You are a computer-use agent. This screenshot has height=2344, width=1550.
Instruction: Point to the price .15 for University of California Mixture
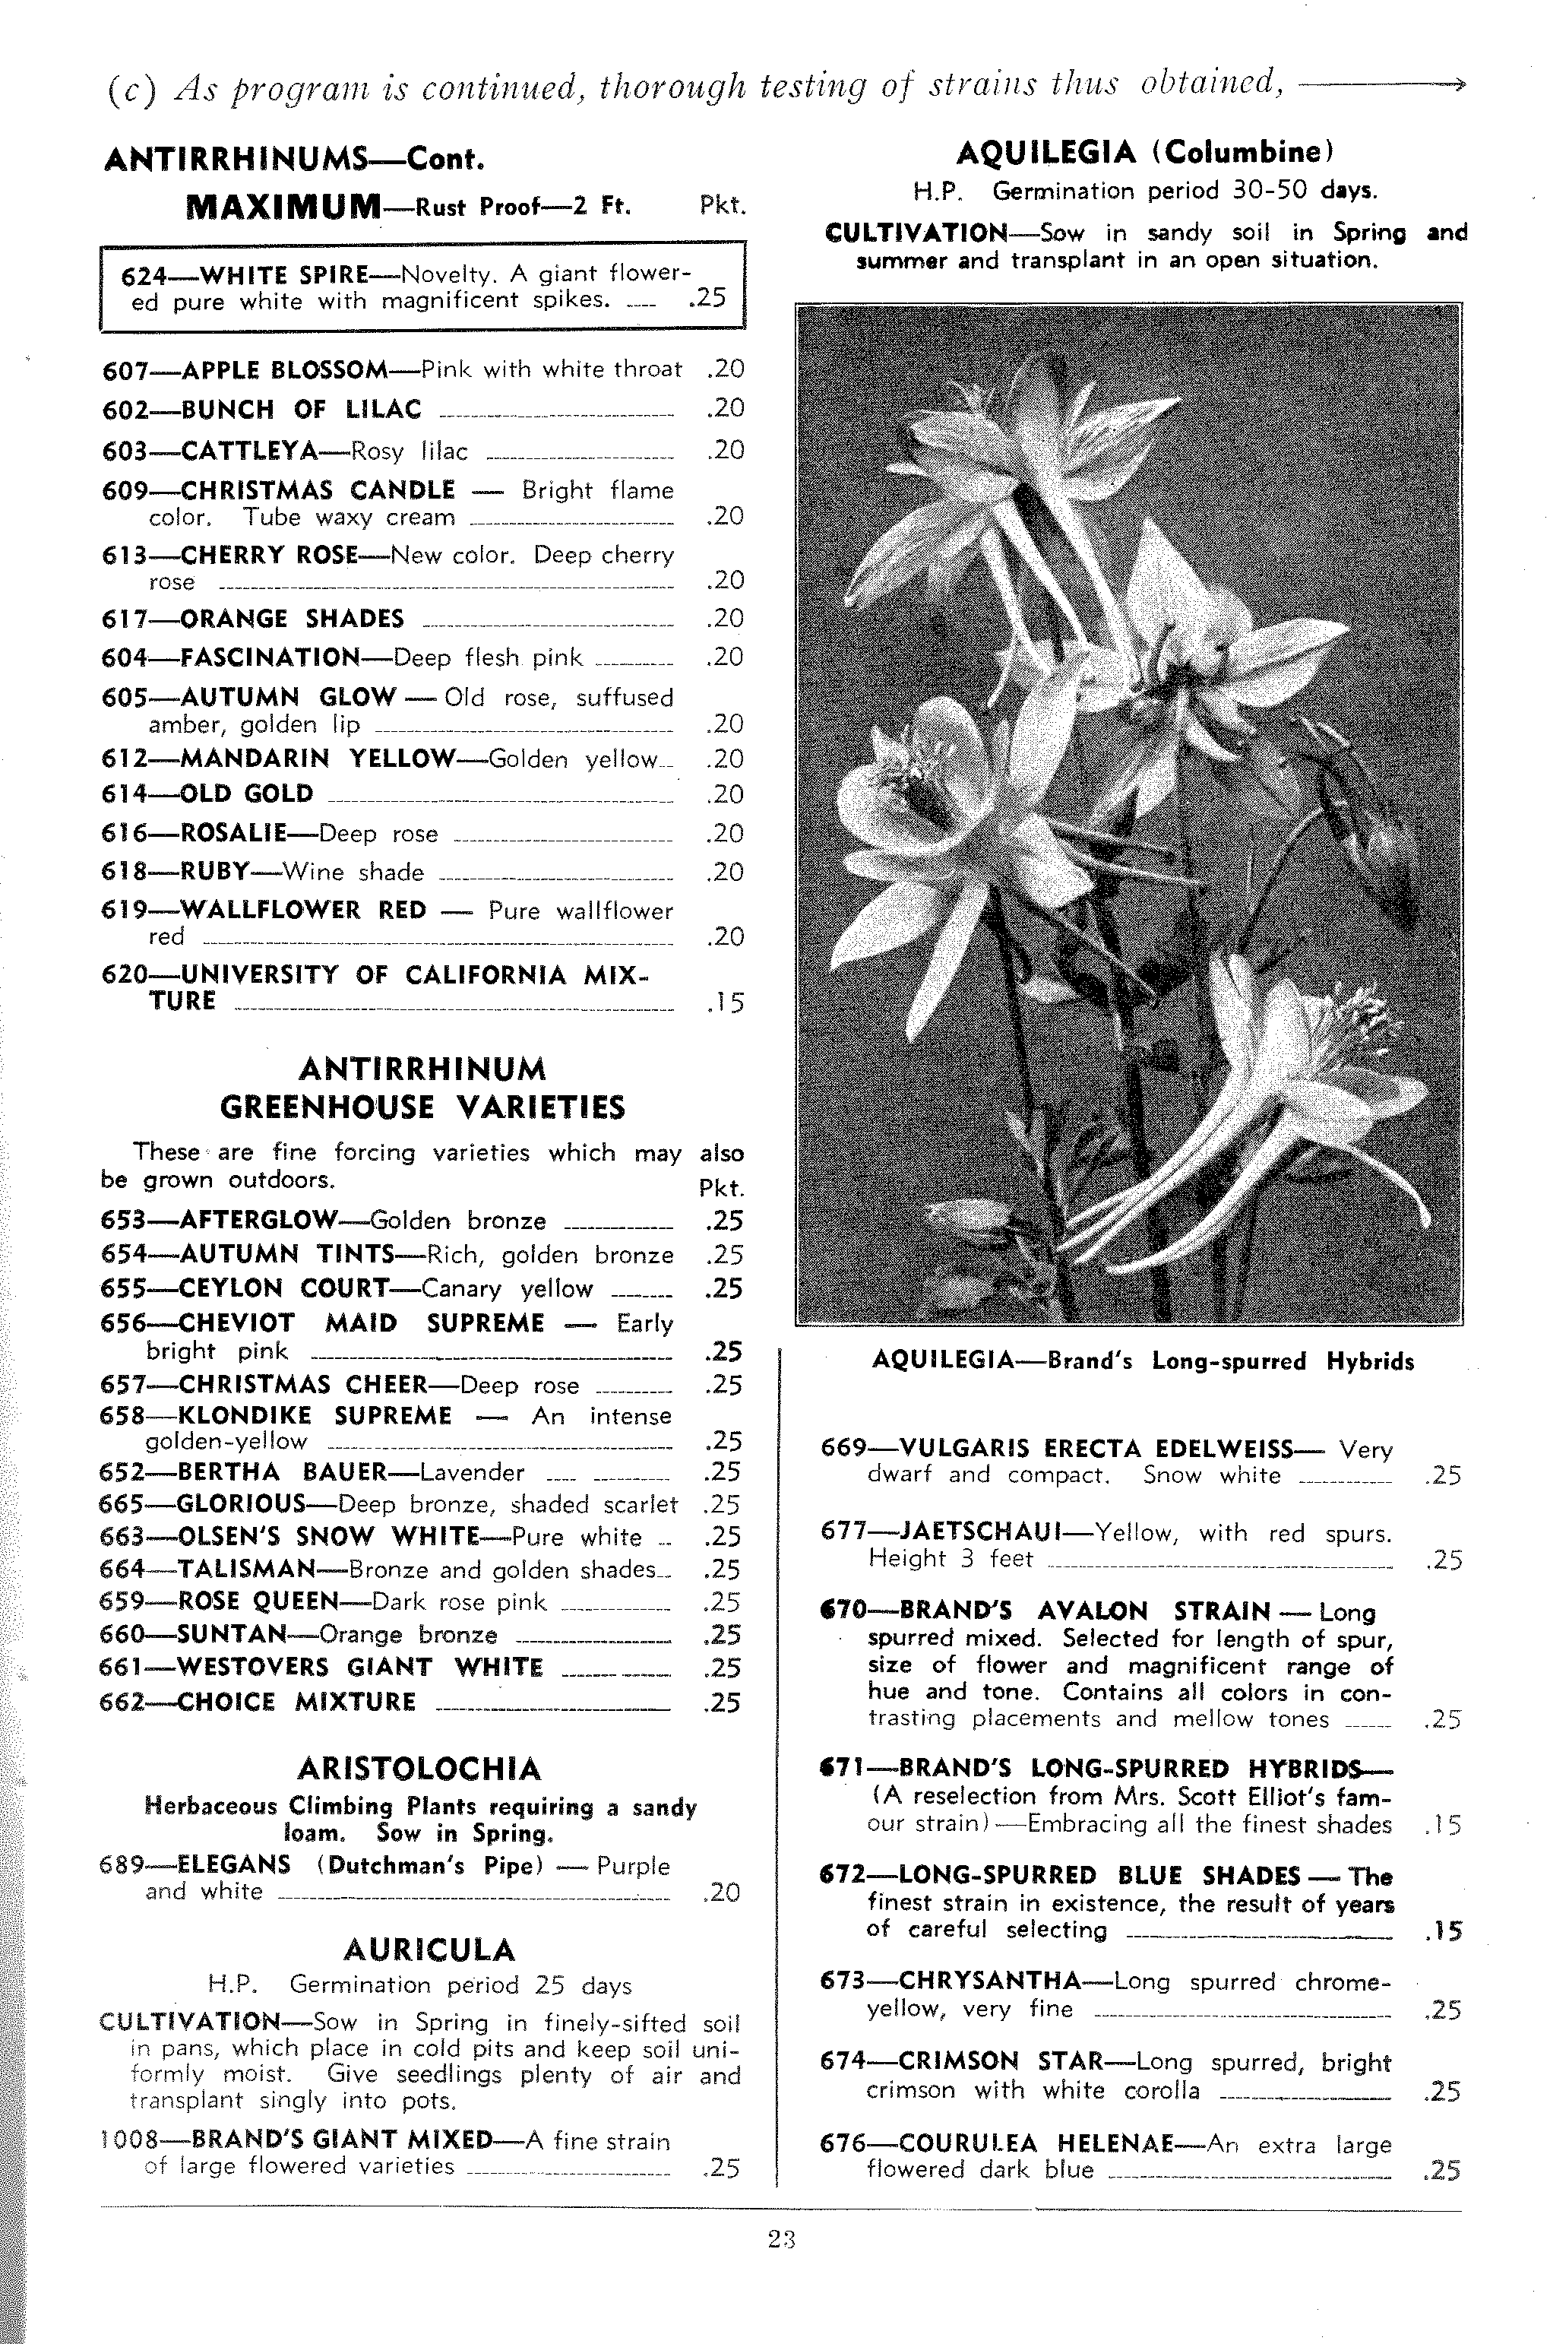(x=725, y=1003)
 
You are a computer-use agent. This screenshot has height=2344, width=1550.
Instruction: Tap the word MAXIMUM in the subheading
(x=283, y=207)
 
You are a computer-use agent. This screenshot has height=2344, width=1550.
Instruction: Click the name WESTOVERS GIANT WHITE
(x=360, y=1667)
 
